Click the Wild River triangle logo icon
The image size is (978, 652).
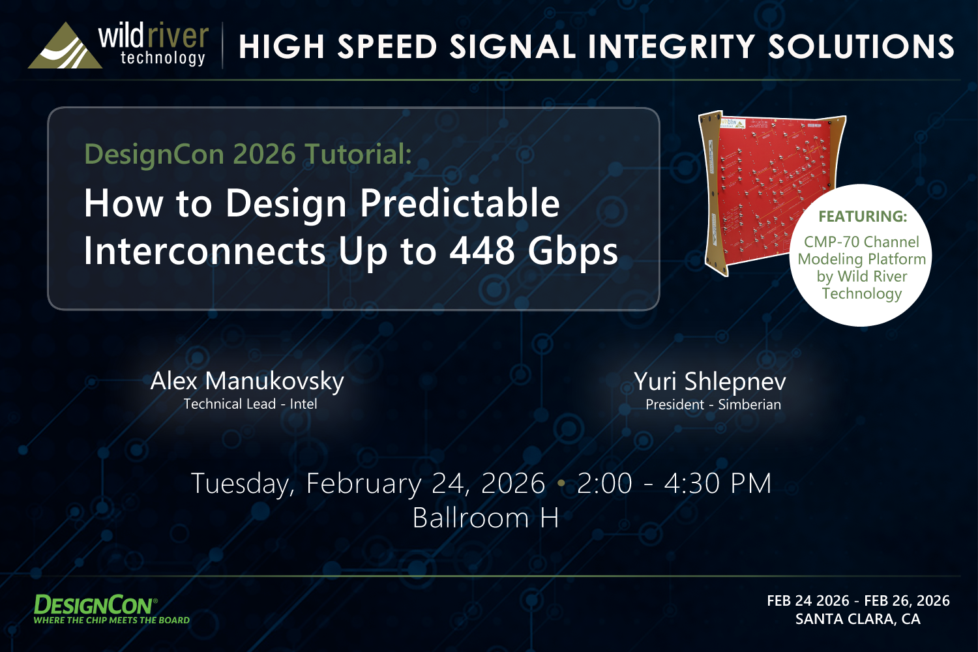coord(65,47)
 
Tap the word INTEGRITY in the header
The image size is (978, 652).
coord(672,47)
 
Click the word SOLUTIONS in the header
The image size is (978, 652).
coord(861,47)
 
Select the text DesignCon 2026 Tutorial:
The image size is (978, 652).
coord(248,155)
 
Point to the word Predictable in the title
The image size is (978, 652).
coord(460,203)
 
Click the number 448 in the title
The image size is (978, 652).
coord(482,251)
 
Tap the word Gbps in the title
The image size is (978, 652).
coord(573,253)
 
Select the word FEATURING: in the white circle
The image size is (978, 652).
coord(863,216)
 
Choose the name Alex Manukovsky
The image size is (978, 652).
coord(247,381)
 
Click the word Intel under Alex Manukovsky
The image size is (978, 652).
coord(303,404)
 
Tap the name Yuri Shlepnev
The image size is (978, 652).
coord(710,382)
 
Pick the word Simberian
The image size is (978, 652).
coord(749,405)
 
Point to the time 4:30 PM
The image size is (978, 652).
coord(718,483)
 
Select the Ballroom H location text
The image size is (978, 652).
coord(486,518)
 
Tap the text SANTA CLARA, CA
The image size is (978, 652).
coord(858,619)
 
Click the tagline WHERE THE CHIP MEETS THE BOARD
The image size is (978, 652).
coord(111,620)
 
